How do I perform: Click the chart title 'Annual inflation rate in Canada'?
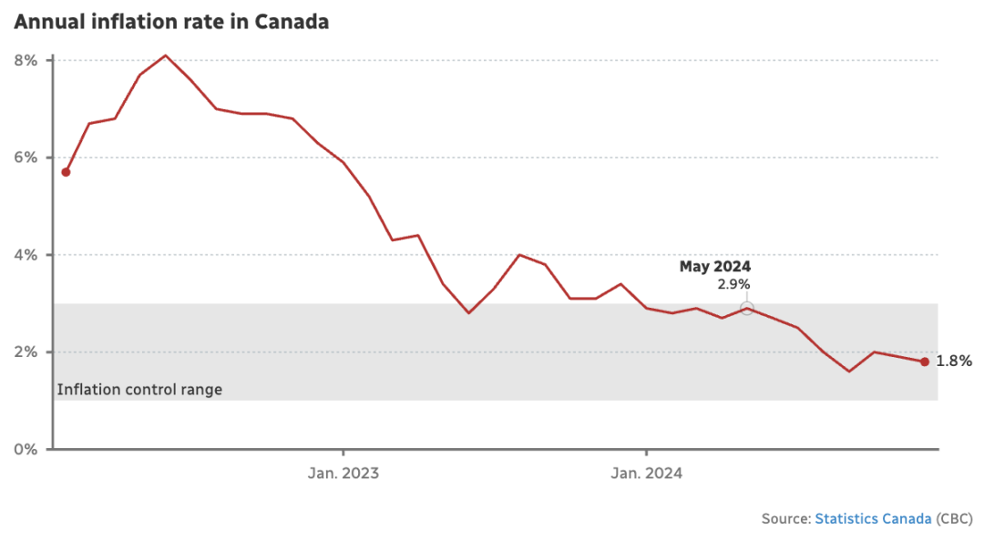point(171,22)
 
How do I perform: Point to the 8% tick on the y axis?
point(26,60)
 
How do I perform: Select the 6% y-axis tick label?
point(26,158)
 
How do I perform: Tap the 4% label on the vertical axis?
point(26,255)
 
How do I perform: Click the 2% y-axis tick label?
point(26,352)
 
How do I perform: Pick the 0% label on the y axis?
point(26,450)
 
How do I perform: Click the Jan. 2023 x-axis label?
point(343,474)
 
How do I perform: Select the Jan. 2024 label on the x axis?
point(646,474)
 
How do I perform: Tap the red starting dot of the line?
point(66,172)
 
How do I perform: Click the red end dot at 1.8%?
point(924,362)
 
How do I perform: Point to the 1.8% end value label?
point(954,362)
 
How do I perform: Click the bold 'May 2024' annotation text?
point(715,267)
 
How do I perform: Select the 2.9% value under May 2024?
point(733,284)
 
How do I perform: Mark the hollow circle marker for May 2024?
point(747,308)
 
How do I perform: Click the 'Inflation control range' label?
point(139,390)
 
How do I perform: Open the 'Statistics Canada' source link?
point(873,518)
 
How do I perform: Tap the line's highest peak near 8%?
point(165,56)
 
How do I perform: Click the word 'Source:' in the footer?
point(786,518)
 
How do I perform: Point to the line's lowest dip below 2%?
point(848,371)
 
